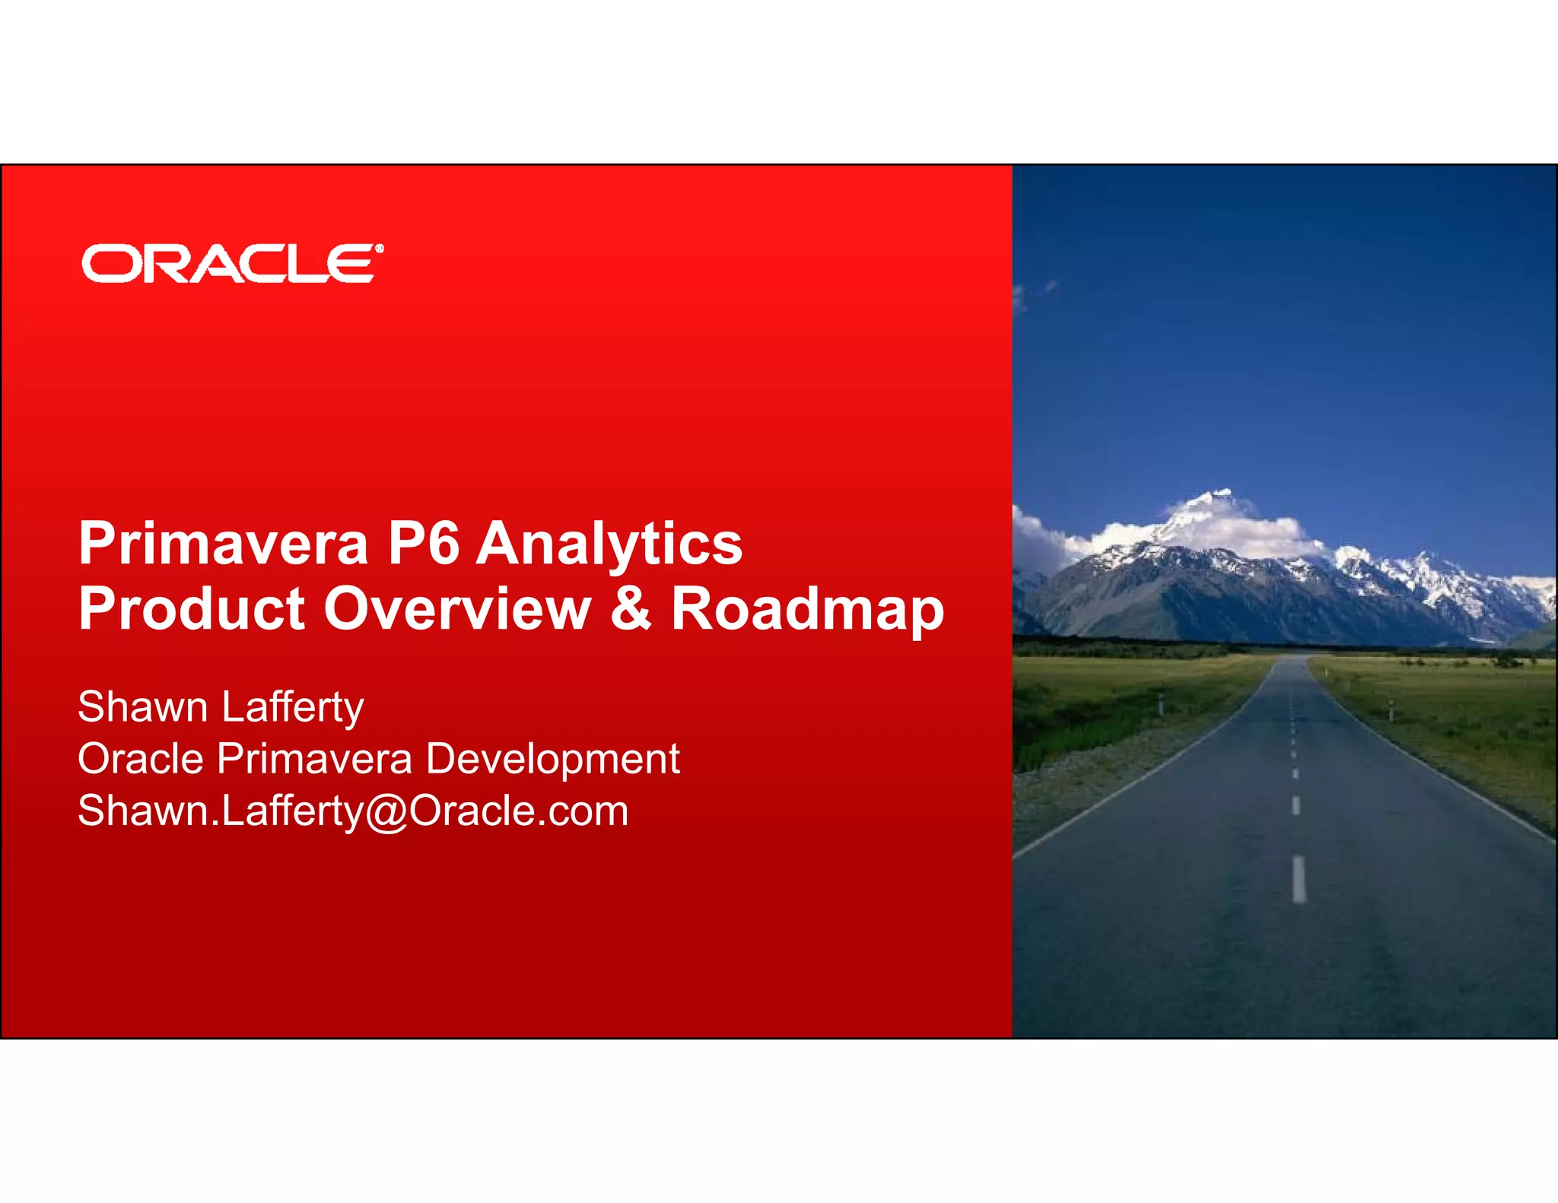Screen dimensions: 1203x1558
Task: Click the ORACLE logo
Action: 228,264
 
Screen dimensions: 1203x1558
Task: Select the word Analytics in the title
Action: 609,544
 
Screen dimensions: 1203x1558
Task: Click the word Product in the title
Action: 192,610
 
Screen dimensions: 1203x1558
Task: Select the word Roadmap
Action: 807,610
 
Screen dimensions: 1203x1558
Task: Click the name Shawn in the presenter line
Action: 142,707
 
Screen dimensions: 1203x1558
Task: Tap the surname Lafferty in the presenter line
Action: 293,707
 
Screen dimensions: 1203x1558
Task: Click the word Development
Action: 552,759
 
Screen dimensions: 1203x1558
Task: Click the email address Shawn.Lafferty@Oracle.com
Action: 353,811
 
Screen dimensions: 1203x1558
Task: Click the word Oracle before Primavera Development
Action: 141,759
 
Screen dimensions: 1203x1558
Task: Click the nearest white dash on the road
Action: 1299,879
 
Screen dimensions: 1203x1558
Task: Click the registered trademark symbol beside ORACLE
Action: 379,249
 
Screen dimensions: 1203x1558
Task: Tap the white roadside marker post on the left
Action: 1161,703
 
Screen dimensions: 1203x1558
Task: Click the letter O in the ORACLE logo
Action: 106,265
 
